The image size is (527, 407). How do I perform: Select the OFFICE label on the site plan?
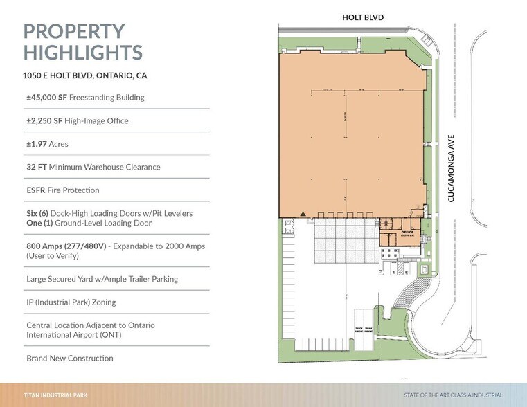407,233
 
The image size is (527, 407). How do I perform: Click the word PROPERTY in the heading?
74,31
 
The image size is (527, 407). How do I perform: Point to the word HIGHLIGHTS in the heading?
82,53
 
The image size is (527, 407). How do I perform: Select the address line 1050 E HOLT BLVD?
84,75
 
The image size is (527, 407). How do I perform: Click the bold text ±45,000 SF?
46,98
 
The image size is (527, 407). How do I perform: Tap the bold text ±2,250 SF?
44,121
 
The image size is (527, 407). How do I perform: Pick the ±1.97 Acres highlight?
47,144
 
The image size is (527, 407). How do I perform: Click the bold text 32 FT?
36,167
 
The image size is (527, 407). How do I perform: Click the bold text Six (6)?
39,214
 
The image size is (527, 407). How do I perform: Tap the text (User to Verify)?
53,255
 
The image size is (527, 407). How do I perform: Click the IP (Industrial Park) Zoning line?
71,302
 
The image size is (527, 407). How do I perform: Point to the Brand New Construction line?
69,359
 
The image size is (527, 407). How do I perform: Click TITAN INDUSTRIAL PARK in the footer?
55,395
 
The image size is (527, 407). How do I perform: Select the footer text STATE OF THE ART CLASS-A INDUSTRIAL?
453,395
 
